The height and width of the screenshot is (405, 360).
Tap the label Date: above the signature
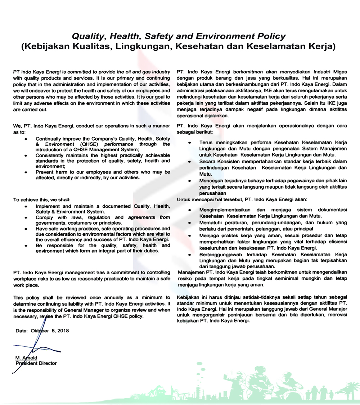(22, 331)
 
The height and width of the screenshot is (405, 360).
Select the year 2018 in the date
(63, 331)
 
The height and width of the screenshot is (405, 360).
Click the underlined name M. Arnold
(26, 358)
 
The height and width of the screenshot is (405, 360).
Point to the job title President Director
(36, 363)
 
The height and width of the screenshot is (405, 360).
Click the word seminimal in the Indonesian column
(279, 279)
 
